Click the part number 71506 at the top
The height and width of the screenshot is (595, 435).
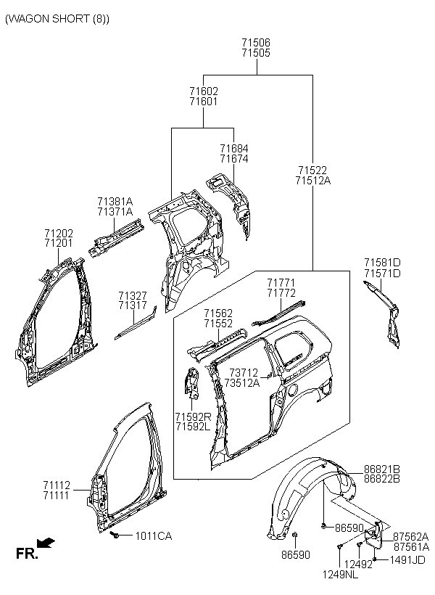pos(256,43)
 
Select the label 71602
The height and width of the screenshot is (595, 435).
pos(204,91)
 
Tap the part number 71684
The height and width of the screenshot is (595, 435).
pos(234,148)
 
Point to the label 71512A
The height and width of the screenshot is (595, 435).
pos(313,181)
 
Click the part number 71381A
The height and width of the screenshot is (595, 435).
pos(115,201)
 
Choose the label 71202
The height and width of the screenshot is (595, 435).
pos(59,233)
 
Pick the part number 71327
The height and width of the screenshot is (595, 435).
pos(133,295)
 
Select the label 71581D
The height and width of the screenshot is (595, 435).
pos(382,263)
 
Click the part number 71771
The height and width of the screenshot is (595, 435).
pos(281,283)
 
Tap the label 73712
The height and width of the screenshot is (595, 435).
pos(244,373)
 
